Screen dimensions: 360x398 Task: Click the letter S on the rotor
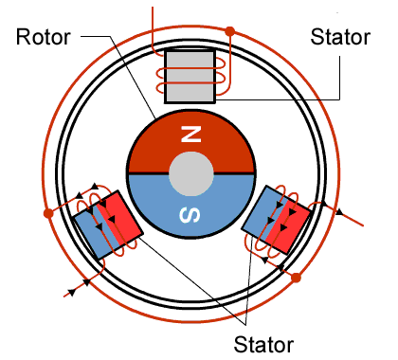pos(191,217)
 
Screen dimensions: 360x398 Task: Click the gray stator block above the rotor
pos(191,77)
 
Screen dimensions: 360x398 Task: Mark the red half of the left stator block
pos(121,217)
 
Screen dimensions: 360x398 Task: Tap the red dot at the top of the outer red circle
pos(229,32)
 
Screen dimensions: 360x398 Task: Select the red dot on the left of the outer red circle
pos(48,213)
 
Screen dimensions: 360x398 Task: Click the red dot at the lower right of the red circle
pos(296,279)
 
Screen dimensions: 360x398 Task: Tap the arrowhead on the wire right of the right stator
pos(338,212)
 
